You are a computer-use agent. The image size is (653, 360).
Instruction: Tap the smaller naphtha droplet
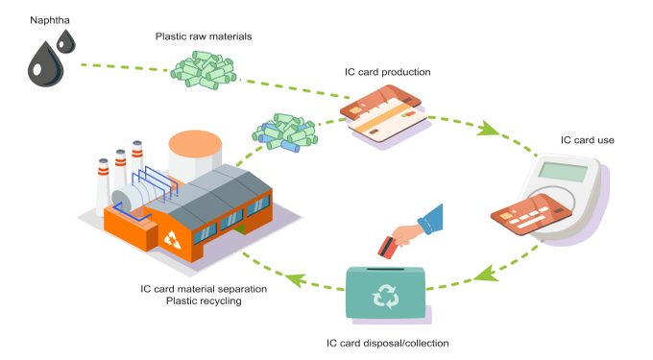click(x=66, y=40)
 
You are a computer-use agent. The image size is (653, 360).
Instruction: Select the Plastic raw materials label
click(x=204, y=36)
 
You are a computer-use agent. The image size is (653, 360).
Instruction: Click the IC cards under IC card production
click(x=384, y=110)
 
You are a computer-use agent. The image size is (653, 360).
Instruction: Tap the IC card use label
click(x=587, y=141)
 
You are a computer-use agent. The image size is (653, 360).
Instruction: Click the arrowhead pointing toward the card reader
click(x=492, y=131)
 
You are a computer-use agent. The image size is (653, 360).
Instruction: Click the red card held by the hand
click(x=387, y=248)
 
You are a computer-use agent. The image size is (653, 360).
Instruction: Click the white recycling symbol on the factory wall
click(x=173, y=238)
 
